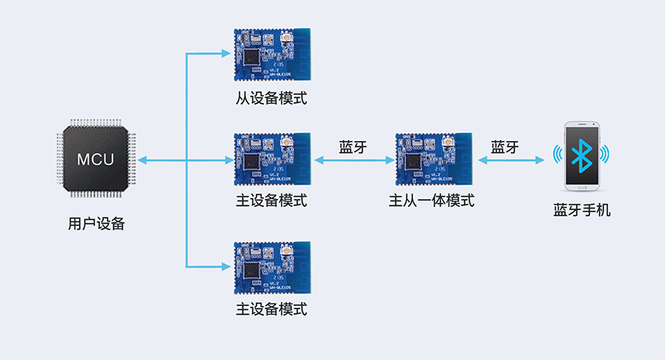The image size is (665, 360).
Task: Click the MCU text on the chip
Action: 95,159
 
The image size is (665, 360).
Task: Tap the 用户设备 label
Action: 97,224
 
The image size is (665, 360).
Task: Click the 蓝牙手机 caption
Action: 582,211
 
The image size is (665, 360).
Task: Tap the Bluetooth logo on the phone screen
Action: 583,156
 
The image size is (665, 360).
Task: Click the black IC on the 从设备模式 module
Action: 251,58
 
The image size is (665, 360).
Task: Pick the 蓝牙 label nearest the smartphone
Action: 504,147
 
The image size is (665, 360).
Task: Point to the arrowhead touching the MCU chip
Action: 142,161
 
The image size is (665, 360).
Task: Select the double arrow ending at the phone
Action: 510,161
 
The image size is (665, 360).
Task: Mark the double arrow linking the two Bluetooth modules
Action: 354,161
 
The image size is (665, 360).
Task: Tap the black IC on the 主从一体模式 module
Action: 413,162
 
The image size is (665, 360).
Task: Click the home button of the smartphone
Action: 582,187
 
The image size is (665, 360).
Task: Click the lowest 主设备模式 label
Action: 271,308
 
